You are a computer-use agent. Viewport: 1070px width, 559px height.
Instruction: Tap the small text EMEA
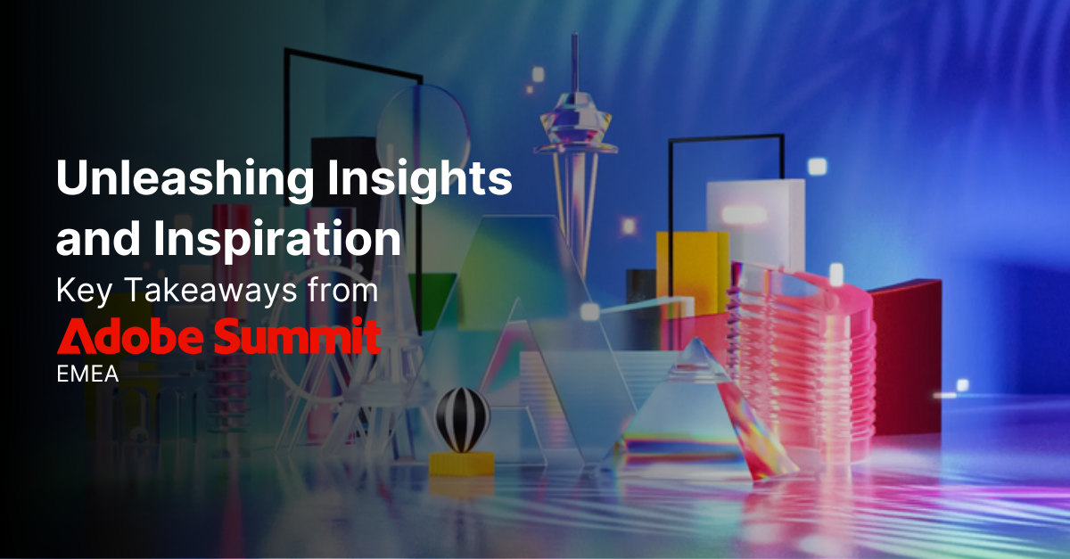click(x=87, y=374)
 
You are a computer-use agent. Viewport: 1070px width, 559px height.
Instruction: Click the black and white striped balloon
click(x=462, y=418)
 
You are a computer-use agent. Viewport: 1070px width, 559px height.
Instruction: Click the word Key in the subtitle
click(x=76, y=291)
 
